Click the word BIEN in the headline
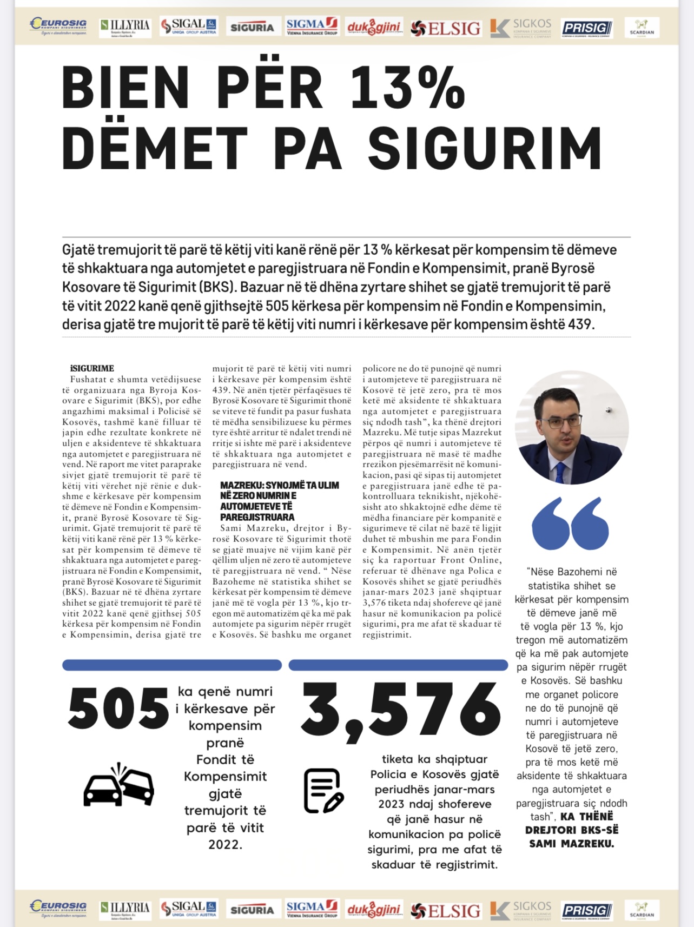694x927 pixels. pyautogui.click(x=125, y=88)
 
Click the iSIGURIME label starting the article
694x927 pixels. pyautogui.click(x=92, y=368)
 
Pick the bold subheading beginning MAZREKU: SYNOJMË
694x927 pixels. pyautogui.click(x=279, y=501)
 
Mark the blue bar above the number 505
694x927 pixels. pyautogui.click(x=172, y=665)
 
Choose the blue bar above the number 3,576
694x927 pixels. pyautogui.click(x=398, y=665)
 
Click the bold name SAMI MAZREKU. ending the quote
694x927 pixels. pyautogui.click(x=572, y=843)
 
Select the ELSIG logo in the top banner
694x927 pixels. pyautogui.click(x=446, y=28)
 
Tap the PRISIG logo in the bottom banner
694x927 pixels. pyautogui.click(x=586, y=910)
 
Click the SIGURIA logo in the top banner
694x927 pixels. pyautogui.click(x=252, y=27)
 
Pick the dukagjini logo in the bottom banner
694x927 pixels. pyautogui.click(x=374, y=910)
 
